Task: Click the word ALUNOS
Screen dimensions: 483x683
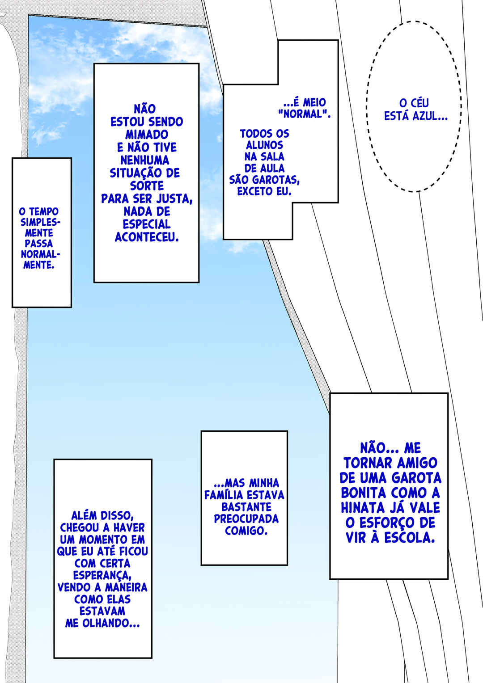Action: tap(265, 145)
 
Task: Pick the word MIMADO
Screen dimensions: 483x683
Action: tap(147, 135)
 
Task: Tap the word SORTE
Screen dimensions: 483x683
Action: tap(147, 186)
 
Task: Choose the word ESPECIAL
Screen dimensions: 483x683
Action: tap(146, 224)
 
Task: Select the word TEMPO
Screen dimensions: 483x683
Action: tap(44, 211)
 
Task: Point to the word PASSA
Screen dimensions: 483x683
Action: tap(39, 244)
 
